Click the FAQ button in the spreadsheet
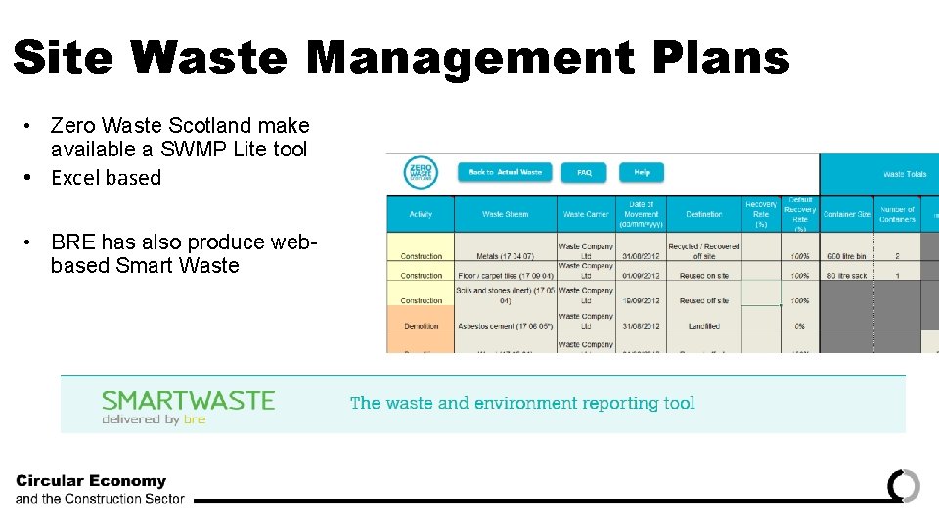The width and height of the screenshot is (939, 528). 584,173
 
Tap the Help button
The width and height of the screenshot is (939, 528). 642,173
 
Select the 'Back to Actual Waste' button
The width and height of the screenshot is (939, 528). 505,173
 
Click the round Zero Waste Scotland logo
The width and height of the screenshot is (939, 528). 421,174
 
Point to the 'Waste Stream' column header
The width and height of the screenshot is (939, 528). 505,214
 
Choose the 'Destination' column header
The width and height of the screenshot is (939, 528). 703,214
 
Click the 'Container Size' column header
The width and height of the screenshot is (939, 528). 846,214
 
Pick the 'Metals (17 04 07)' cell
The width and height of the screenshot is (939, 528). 505,256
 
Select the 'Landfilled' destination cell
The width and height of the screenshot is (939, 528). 703,326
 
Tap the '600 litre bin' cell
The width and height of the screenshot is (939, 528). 846,256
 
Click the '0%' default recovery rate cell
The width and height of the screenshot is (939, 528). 799,326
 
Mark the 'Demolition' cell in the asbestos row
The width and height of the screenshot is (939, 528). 421,326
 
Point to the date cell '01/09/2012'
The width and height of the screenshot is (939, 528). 642,276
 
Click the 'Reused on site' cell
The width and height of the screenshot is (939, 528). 703,276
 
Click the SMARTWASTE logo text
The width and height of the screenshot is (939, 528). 188,401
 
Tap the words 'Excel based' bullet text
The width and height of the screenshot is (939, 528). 106,178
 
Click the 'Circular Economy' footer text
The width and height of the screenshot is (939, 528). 91,481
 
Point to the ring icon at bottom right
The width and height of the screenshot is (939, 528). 904,486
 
